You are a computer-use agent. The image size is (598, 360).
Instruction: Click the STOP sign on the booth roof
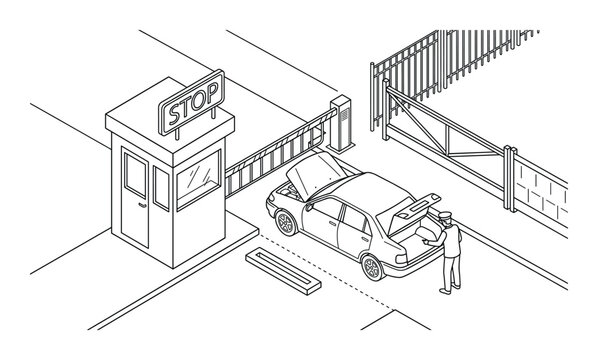191,102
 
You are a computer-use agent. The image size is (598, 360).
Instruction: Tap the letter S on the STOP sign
175,113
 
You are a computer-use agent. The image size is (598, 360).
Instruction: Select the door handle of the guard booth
142,206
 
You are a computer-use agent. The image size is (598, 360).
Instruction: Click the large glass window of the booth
198,178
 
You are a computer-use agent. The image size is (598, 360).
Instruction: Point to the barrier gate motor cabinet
341,123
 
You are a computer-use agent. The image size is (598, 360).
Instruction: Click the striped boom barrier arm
280,154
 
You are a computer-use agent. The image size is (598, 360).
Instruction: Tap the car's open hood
316,175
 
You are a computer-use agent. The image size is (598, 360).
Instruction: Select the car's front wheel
286,223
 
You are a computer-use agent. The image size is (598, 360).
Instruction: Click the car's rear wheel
373,268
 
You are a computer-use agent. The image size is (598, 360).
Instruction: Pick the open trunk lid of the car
409,213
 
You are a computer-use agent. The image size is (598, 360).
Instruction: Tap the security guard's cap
445,215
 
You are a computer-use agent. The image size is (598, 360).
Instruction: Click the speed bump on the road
283,271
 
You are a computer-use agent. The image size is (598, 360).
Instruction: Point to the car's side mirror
308,207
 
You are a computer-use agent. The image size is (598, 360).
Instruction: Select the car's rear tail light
401,259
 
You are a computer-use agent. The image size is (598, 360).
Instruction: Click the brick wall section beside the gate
541,195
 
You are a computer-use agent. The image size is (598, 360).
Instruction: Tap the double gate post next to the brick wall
510,178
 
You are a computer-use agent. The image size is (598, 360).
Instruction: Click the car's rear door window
353,219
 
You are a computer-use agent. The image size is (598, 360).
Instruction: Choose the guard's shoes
450,289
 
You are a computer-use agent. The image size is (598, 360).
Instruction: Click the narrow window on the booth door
135,175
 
